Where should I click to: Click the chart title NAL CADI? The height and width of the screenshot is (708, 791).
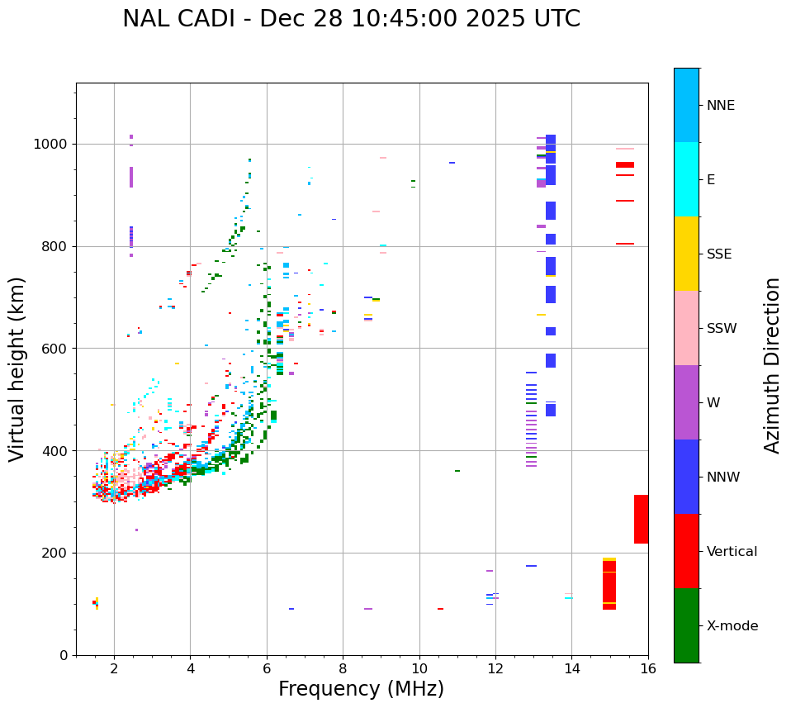click(351, 19)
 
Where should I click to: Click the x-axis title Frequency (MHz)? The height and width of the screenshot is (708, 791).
click(361, 689)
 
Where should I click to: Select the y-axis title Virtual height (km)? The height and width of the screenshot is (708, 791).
click(17, 368)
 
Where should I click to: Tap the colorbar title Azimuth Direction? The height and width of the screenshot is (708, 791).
click(772, 365)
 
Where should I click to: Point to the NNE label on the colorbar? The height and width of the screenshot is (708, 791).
click(720, 106)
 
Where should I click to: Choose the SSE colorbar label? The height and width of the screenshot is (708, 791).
click(718, 254)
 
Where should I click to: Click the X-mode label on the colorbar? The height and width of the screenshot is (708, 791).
click(732, 626)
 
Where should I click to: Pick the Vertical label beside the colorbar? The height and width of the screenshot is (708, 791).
click(732, 552)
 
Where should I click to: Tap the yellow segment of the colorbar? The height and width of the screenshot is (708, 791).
click(686, 254)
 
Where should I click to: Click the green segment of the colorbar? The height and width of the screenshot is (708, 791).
click(686, 625)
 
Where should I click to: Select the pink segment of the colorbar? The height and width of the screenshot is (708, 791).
click(686, 328)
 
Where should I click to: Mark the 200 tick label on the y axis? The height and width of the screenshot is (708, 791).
click(57, 553)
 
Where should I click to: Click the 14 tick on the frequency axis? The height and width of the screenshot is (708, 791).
click(571, 668)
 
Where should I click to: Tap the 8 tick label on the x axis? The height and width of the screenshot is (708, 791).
click(343, 668)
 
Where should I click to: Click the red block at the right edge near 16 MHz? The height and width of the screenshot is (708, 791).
click(641, 519)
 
